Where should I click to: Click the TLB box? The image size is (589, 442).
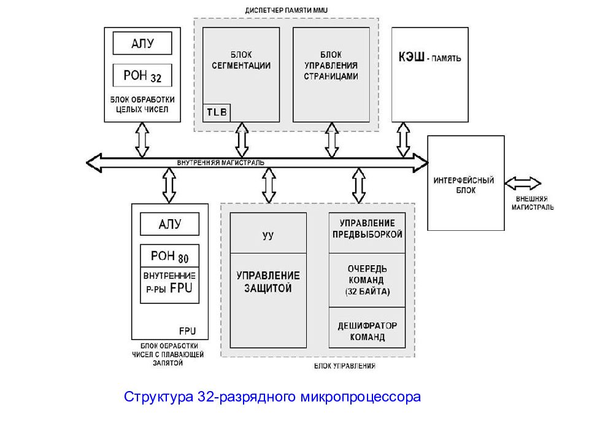click(x=216, y=112)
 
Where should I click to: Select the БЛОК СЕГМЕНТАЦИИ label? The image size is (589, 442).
click(x=241, y=60)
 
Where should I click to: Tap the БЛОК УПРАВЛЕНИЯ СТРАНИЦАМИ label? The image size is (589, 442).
click(x=331, y=66)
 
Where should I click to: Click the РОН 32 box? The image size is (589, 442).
click(x=142, y=76)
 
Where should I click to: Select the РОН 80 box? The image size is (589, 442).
click(x=170, y=256)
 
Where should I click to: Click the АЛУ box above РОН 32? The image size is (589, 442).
click(x=142, y=43)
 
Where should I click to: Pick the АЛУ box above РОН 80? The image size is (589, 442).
click(x=170, y=223)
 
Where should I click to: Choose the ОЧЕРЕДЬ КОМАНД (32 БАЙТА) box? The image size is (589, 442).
click(x=367, y=280)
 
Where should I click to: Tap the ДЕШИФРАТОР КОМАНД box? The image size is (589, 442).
click(x=367, y=331)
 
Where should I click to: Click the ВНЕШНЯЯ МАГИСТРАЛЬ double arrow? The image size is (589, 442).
click(x=523, y=183)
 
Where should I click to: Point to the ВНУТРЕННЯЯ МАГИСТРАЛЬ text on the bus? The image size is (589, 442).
click(x=221, y=162)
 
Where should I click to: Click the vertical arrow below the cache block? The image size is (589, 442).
click(x=403, y=140)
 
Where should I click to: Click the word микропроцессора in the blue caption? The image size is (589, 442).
click(x=360, y=397)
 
